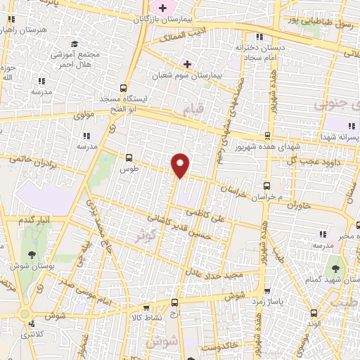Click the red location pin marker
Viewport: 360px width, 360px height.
[x=181, y=165]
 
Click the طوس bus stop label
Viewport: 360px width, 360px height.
[x=128, y=169]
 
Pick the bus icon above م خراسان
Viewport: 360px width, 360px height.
[x=266, y=186]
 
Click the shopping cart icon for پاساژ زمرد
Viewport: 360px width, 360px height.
[x=266, y=290]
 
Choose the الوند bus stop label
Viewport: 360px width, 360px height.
[x=314, y=323]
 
